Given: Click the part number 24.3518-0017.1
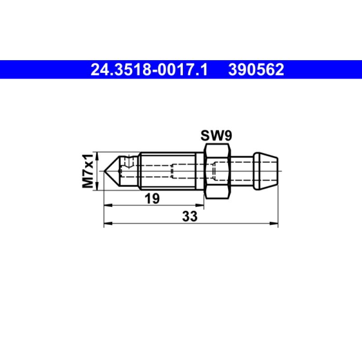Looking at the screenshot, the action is pyautogui.click(x=149, y=70).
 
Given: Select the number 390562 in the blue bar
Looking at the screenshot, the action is pyautogui.click(x=256, y=70).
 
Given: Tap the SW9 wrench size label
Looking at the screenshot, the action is pyautogui.click(x=216, y=135).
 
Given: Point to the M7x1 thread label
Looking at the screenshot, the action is pyautogui.click(x=88, y=171).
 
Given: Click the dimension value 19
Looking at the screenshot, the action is pyautogui.click(x=152, y=199).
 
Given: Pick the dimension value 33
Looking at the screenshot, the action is pyautogui.click(x=190, y=217).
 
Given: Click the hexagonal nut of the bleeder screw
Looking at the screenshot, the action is pyautogui.click(x=217, y=171).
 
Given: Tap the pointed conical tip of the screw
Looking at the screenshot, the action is pyautogui.click(x=112, y=171).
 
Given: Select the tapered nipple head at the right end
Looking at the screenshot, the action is pyautogui.click(x=266, y=171).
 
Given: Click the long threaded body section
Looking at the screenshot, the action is pyautogui.click(x=168, y=171).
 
